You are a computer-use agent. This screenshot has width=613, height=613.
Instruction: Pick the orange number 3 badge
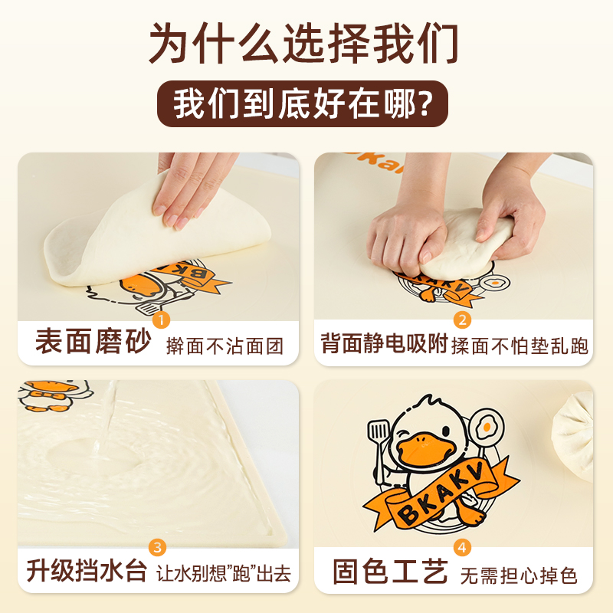158,546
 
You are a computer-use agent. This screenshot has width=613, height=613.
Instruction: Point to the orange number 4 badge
462,546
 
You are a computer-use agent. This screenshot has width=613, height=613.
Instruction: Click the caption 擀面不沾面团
225,346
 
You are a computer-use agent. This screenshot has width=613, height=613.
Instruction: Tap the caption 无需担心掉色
520,574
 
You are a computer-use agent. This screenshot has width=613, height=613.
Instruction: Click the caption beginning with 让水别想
225,574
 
